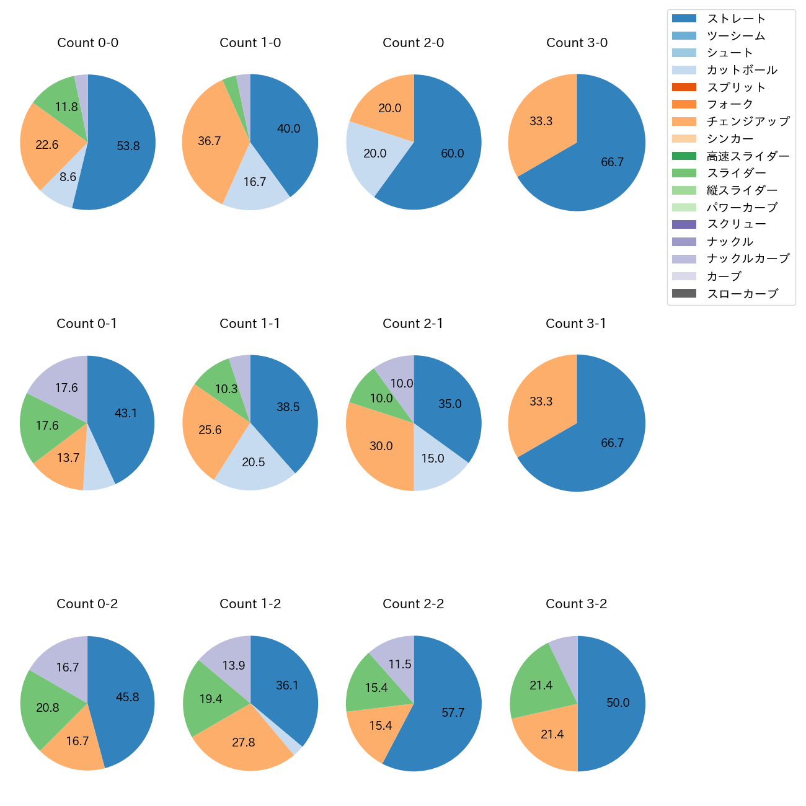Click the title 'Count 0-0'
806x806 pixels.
87,43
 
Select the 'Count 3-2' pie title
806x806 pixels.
576,604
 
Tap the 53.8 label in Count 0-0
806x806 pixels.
128,146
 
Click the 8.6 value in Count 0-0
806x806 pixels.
68,177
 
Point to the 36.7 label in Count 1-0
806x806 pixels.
210,141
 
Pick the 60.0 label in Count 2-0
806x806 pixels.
453,154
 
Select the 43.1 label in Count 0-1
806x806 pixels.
126,413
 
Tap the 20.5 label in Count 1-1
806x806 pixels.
254,463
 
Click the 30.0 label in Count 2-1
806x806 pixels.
381,446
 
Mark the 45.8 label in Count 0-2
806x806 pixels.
127,697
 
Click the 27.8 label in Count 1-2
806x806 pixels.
244,743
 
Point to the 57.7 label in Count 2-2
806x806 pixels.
453,713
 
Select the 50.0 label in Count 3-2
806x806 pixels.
618,703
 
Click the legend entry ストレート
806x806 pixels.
736,19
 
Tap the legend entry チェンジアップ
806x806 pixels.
748,122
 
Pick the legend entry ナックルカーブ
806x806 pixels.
748,259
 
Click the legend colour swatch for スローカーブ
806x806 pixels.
684,294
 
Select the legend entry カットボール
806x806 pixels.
742,70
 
